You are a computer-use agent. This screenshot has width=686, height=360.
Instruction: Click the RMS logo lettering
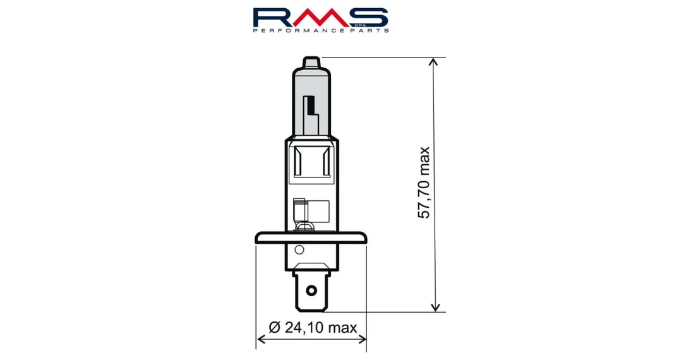[x=320, y=17]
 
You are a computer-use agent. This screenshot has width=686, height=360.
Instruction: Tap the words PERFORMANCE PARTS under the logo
[x=321, y=30]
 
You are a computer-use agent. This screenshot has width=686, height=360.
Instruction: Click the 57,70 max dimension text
[x=423, y=183]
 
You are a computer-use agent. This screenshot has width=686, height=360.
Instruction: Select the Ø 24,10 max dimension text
[x=313, y=327]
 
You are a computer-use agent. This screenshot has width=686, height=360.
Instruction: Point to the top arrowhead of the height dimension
[x=434, y=62]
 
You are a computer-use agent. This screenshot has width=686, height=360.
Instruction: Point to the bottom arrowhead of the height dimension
[x=435, y=307]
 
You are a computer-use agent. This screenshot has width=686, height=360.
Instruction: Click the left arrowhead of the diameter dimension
[x=261, y=339]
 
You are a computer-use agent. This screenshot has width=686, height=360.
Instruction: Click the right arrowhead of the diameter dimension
[x=361, y=339]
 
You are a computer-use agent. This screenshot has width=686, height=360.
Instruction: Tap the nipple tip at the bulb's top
[x=311, y=62]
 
